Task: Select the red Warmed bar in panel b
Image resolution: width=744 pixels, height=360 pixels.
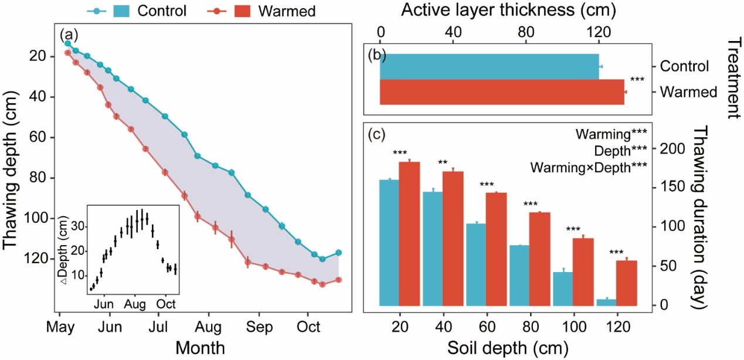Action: tap(502, 92)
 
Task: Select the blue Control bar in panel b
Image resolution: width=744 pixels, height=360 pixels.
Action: tap(489, 66)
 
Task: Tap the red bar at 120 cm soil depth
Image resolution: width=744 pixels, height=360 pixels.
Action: tap(627, 283)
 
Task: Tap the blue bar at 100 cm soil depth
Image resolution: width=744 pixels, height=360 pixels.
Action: tap(563, 288)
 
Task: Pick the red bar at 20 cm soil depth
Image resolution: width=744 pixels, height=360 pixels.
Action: tap(409, 233)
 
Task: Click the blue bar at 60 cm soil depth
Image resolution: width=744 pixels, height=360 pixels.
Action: tap(476, 264)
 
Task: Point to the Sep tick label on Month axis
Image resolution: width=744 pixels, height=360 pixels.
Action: tap(256, 327)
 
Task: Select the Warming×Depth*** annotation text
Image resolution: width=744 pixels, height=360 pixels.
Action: tap(588, 167)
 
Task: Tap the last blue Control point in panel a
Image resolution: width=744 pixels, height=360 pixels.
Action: tap(338, 253)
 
